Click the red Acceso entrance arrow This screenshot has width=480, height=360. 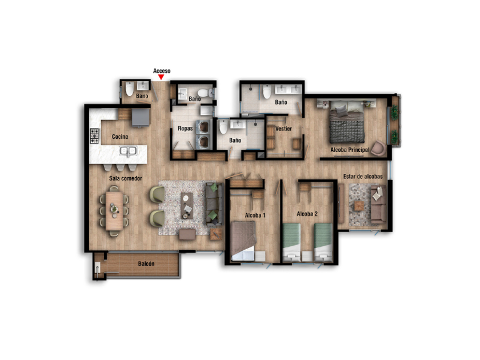point(161,77)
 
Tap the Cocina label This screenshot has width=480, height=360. point(120,137)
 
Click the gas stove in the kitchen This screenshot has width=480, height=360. point(95,136)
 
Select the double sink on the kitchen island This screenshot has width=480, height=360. point(128,151)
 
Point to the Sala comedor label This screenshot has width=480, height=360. point(126,178)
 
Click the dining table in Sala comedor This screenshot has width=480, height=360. point(114,210)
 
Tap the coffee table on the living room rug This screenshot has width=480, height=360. point(187,206)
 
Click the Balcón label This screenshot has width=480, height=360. point(146,263)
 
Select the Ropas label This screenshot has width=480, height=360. point(185,128)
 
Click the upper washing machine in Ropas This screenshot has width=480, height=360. point(203,127)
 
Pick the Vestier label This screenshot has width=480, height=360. point(283,129)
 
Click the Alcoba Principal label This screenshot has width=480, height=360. point(350,150)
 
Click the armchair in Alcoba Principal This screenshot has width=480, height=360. point(379,149)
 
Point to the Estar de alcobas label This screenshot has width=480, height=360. point(363,177)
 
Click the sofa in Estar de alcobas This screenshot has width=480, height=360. point(379,204)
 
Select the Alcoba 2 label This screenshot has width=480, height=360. point(307,214)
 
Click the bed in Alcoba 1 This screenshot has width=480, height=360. point(243,241)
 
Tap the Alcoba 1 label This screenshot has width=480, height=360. point(255,215)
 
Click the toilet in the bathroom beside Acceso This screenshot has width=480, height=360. point(130,89)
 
